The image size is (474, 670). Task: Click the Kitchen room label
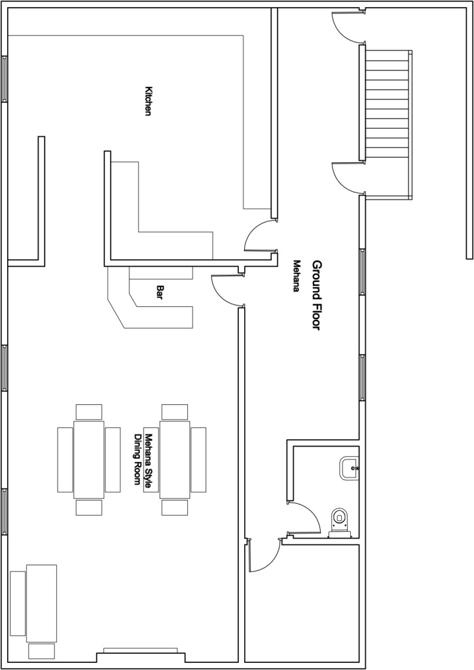pyautogui.click(x=149, y=101)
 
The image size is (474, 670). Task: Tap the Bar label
pyautogui.click(x=160, y=292)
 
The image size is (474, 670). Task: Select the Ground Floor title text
pyautogui.click(x=316, y=295)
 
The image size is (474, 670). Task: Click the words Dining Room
pyautogui.click(x=137, y=459)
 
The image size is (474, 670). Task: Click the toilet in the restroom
pyautogui.click(x=340, y=521)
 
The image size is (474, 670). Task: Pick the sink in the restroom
pyautogui.click(x=349, y=468)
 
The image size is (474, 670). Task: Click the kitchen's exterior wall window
pyautogui.click(x=5, y=79)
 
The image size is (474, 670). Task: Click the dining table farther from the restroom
pyautogui.click(x=89, y=459)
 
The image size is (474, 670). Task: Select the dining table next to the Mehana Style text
pyautogui.click(x=175, y=459)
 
